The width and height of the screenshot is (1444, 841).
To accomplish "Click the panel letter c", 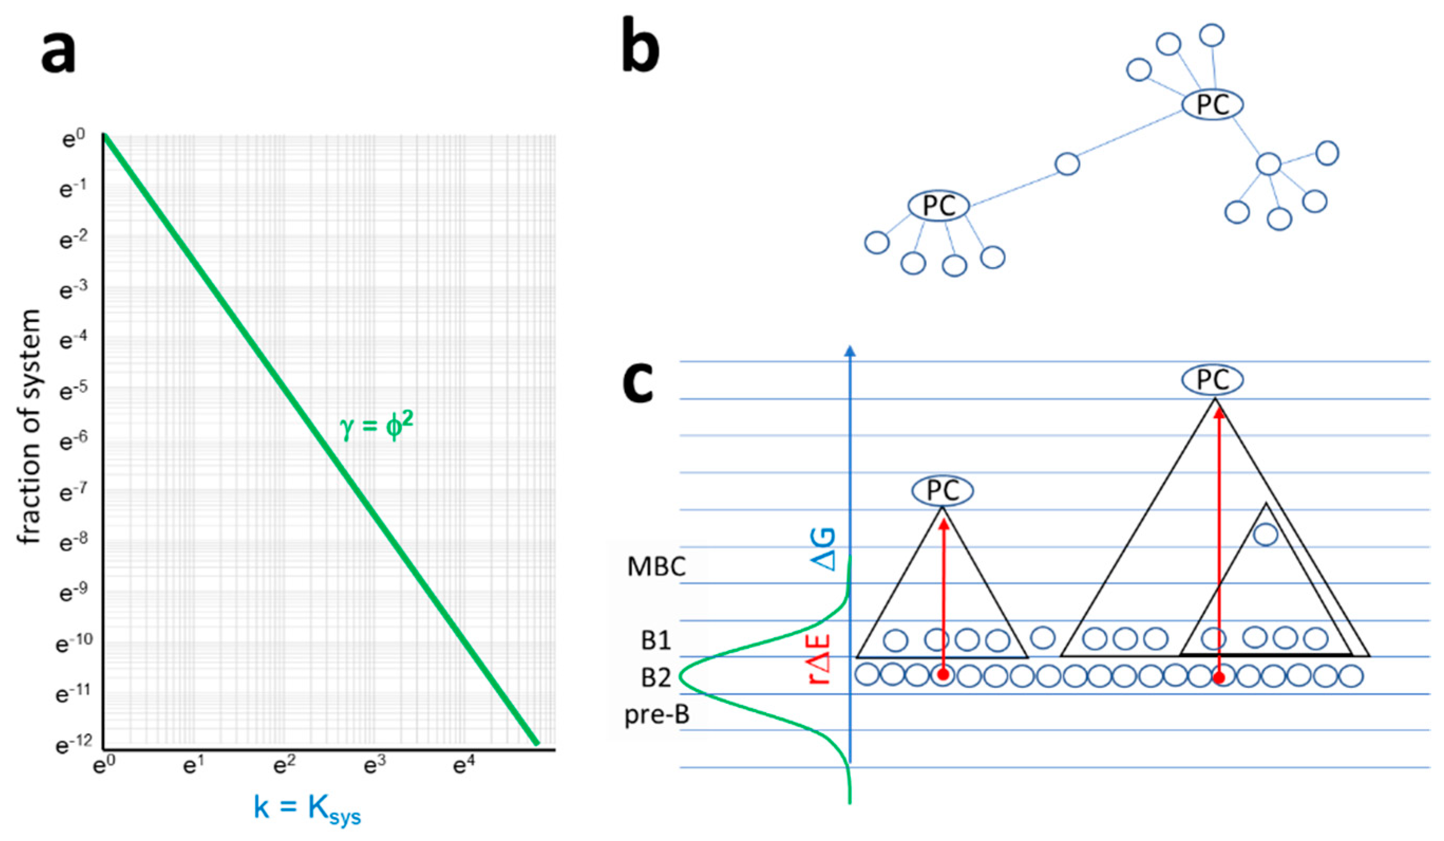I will click(x=638, y=383).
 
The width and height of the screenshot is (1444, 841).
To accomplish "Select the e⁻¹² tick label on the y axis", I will click(x=74, y=743).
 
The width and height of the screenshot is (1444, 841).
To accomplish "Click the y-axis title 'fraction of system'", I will click(x=28, y=427).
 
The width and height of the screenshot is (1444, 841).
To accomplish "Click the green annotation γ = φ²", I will click(x=376, y=427).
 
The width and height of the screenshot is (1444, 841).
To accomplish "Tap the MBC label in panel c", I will click(x=657, y=567).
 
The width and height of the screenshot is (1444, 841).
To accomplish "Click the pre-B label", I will click(x=657, y=715).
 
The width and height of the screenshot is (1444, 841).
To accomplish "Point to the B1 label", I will click(x=657, y=640).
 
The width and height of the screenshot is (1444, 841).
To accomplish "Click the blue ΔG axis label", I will click(x=823, y=550).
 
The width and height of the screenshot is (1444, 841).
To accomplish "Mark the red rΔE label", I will click(x=820, y=659).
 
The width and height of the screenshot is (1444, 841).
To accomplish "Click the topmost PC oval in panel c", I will click(x=1212, y=380).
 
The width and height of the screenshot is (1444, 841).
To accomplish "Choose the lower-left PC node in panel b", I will click(x=938, y=206).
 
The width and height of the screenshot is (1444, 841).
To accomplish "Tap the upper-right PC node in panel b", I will click(x=1212, y=105).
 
